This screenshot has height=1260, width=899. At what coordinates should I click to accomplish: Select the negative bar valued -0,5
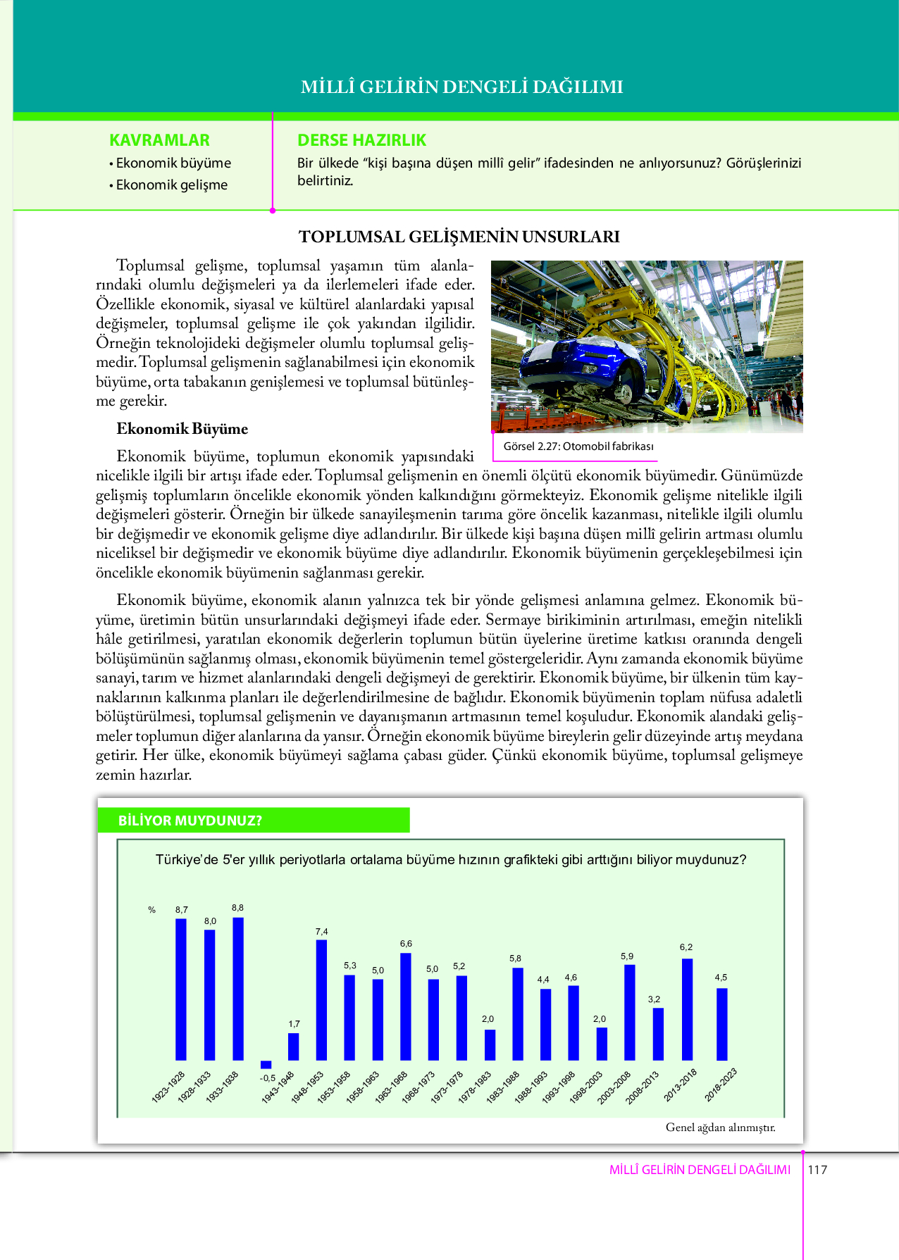pos(266,1064)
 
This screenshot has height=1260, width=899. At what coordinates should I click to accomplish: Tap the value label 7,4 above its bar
pos(322,931)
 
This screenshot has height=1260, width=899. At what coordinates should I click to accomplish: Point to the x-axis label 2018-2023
pos(721,1085)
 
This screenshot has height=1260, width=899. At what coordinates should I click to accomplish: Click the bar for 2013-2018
pos(687,1009)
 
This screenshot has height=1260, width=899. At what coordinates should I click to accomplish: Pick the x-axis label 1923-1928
pos(168,1087)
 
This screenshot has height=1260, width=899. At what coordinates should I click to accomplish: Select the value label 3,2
pos(655,999)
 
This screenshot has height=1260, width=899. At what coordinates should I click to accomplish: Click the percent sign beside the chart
pos(151,910)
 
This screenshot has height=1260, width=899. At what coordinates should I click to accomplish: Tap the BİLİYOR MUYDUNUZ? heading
pos(190,821)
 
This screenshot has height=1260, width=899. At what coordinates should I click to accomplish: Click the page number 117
pos(817,1170)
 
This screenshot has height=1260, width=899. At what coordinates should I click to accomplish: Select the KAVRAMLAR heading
pos(160,140)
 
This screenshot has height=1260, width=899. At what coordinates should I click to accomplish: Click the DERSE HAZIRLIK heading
pos(362,140)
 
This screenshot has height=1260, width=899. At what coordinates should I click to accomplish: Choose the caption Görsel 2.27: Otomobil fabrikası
pos(578,446)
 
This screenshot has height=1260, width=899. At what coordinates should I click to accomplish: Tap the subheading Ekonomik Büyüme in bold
pos(182,429)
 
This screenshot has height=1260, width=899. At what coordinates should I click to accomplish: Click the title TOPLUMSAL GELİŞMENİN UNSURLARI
pos(459,237)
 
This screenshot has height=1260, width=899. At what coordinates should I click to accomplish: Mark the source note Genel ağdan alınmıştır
pos(720,1127)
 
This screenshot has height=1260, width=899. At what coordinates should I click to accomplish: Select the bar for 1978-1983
pos(490,1044)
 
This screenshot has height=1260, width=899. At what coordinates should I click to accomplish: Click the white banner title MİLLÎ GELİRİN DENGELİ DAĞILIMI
pos(461,87)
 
